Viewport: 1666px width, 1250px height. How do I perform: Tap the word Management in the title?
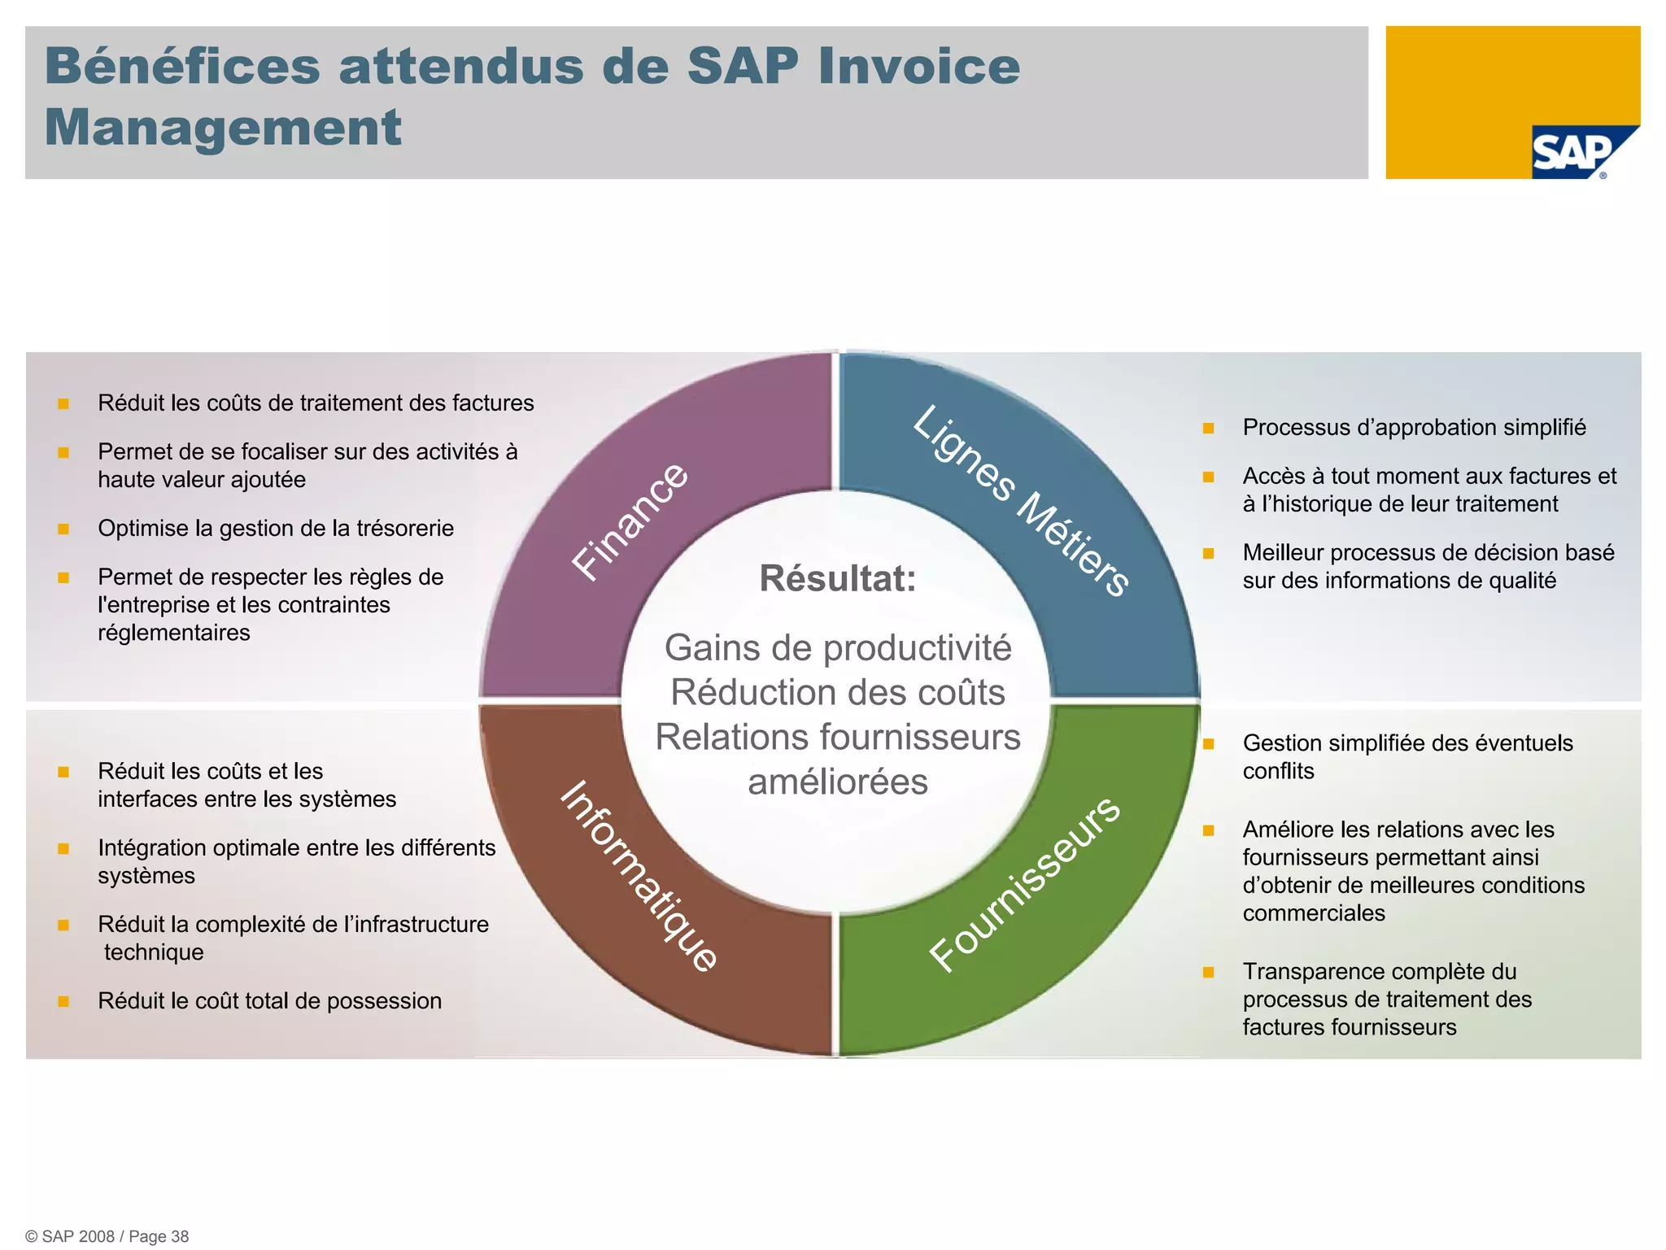pos(223,128)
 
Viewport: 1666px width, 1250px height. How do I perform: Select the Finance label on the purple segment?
pos(630,521)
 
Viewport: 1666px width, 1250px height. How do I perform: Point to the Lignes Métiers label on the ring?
pos(1021,500)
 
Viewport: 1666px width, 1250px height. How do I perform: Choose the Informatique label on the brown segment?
pos(639,876)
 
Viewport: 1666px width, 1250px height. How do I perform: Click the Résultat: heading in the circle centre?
pos(837,579)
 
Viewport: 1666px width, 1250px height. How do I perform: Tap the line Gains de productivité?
pos(838,648)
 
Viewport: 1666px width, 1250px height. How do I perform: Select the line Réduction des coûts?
pos(838,693)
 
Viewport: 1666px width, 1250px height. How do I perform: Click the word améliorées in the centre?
pos(838,782)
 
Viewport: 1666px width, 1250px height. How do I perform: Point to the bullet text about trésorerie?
pos(276,529)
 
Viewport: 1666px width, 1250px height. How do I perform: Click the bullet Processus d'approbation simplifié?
pos(1414,428)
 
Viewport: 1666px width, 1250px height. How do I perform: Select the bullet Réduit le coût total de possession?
pos(269,1001)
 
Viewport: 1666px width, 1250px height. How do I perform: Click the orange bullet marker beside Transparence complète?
pos(1208,972)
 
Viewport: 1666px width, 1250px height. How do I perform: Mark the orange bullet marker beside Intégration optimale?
pos(63,848)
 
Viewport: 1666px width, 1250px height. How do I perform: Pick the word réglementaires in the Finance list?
pos(174,633)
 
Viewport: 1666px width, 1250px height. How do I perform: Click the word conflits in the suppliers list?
pos(1278,771)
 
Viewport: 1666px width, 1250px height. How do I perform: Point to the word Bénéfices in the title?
pos(182,66)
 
